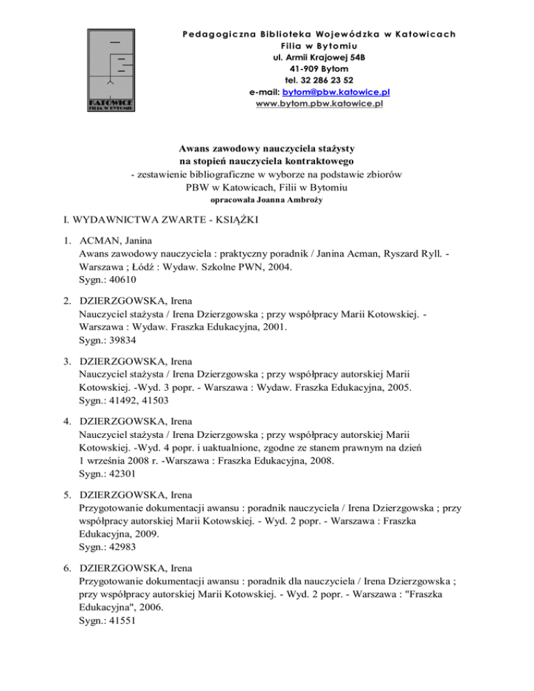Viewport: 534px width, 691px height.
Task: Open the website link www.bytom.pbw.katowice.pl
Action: point(320,103)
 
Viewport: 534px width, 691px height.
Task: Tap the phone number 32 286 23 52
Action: point(330,80)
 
